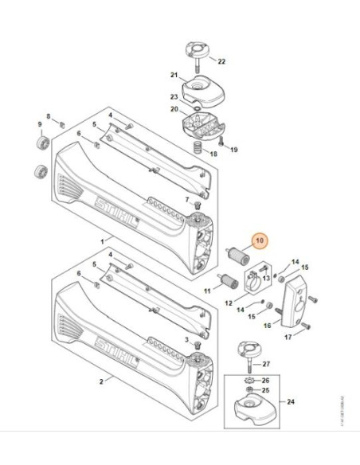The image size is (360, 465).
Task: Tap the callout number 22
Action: tap(222, 62)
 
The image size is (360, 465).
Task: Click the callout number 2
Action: tap(100, 382)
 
